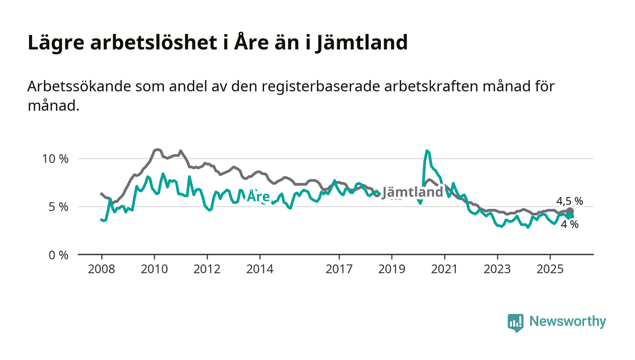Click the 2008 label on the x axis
click(x=102, y=269)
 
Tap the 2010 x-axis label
click(x=154, y=269)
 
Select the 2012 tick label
click(x=207, y=269)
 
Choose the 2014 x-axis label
click(x=260, y=269)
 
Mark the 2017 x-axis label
click(x=339, y=269)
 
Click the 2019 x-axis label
click(x=391, y=269)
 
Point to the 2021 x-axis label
click(x=444, y=269)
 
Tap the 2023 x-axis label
click(x=497, y=269)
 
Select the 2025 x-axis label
click(x=550, y=269)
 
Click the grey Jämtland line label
click(x=412, y=192)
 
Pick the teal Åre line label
click(x=258, y=197)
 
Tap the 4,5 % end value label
click(x=569, y=201)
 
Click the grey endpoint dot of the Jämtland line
click(x=570, y=211)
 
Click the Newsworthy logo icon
click(x=515, y=322)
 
